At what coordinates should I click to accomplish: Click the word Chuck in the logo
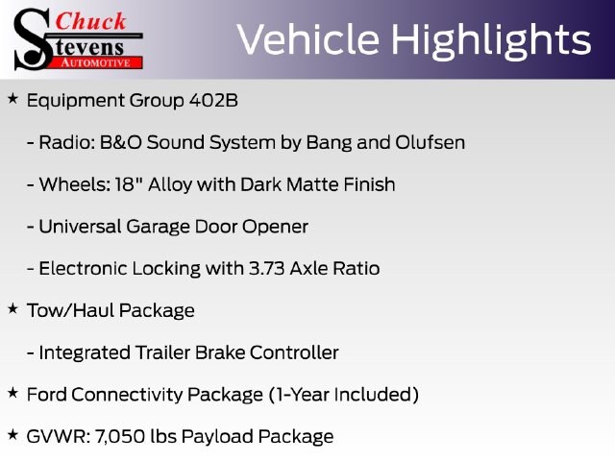point(90,21)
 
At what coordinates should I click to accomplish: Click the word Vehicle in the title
point(308,39)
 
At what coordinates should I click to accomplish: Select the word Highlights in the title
point(491,41)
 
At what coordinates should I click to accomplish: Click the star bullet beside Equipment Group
point(12,98)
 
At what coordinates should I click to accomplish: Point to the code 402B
point(213,100)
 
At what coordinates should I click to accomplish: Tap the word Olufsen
point(430,142)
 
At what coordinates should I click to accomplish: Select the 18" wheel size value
point(128,183)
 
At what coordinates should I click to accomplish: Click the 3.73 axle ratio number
point(267,269)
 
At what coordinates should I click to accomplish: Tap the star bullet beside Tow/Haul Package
point(12,308)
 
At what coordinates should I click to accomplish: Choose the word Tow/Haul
point(70,310)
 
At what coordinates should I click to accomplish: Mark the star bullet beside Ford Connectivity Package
point(12,393)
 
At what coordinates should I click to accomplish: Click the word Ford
point(47,395)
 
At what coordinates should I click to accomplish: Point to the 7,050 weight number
point(120,437)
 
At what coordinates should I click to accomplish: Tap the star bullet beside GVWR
point(12,434)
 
